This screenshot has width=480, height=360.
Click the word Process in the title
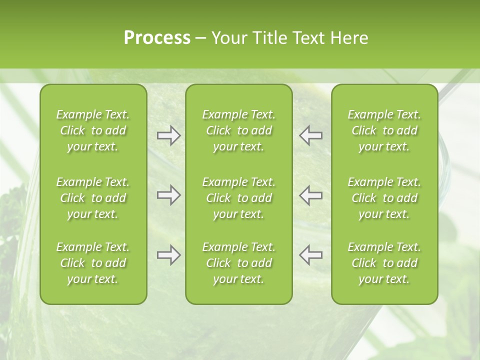click(157, 38)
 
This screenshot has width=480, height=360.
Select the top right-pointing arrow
click(168, 135)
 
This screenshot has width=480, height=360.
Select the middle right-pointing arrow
click(168, 195)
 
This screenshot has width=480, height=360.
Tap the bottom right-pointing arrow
click(168, 255)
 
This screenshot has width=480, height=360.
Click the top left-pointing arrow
click(311, 135)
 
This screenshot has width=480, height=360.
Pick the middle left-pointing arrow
click(311, 195)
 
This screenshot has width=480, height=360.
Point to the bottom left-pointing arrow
click(311, 255)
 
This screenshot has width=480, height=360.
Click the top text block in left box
click(93, 130)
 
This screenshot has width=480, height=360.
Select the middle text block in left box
click(93, 198)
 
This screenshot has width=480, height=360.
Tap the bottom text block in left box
click(93, 263)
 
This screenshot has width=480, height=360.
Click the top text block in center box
click(239, 130)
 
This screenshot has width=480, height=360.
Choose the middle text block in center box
click(239, 198)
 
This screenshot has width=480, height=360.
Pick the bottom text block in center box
click(239, 263)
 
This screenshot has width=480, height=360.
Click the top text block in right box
click(384, 130)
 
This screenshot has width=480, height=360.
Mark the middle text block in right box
click(384, 198)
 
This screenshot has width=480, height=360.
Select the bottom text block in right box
click(384, 263)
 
